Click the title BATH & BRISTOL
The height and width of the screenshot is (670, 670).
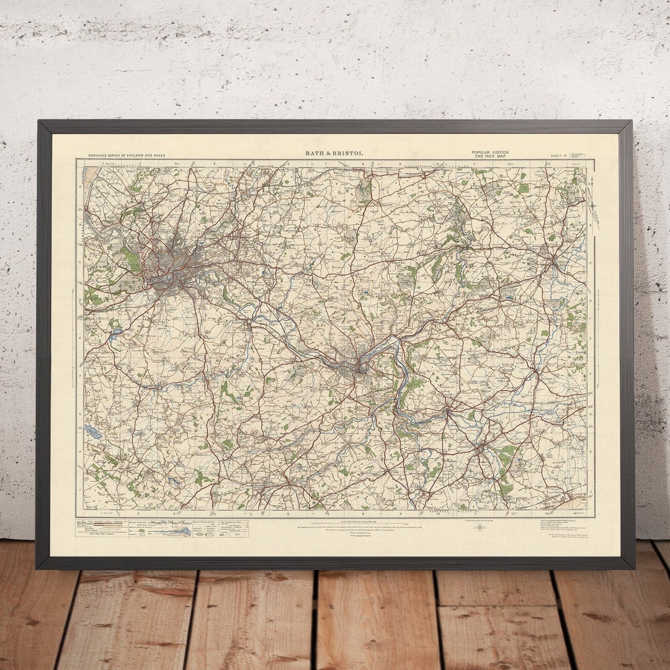(334, 153)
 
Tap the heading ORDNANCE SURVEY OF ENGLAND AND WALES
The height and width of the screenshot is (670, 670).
(127, 155)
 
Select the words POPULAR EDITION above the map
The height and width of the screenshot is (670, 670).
(489, 153)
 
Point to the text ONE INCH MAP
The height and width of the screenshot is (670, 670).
(489, 156)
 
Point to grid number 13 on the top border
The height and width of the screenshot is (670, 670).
(548, 164)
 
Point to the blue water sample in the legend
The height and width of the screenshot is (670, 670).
(181, 532)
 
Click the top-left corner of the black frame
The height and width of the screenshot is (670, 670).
(39, 122)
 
